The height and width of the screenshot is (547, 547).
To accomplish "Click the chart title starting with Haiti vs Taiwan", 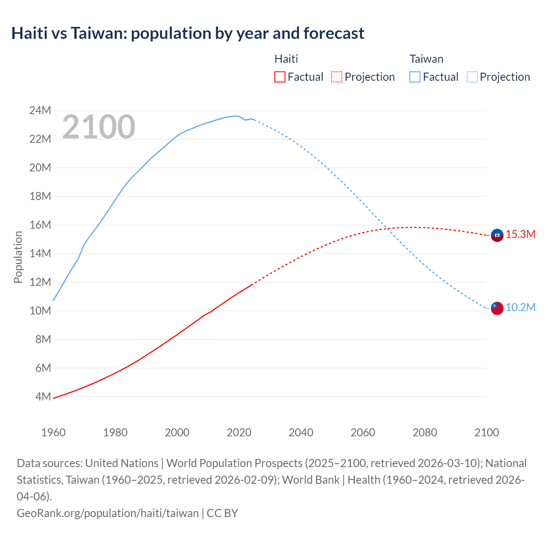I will point(188,33).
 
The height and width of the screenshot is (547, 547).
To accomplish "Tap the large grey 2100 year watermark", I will point(99,127).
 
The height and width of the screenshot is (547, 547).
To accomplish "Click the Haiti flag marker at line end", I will point(497,235).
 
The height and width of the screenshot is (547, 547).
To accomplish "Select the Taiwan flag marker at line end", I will point(497,308).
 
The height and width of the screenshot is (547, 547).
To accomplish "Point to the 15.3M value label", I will point(521,235).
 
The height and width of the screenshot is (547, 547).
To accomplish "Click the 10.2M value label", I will point(521,308).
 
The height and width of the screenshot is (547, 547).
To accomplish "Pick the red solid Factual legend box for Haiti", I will point(279,77).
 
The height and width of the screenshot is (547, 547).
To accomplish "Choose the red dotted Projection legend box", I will point(337,77).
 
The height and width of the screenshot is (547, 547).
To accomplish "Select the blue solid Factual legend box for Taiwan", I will point(415,77).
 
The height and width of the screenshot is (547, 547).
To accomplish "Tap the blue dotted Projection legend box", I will point(472,77).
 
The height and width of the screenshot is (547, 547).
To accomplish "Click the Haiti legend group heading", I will point(286,59).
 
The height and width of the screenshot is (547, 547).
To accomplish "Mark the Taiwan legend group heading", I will point(426,59).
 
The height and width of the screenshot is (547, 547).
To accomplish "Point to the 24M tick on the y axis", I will point(40,111).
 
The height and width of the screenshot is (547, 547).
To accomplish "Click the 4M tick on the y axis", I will point(43,397).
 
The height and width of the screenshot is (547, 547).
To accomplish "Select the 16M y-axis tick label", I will point(40,225).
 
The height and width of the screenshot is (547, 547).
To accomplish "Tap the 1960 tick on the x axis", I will point(53,432).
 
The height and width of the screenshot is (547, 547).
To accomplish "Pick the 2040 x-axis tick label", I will point(301,432).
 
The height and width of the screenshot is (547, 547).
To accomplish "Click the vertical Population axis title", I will point(18,257).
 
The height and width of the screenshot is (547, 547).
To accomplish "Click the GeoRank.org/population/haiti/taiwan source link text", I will point(108,513).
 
